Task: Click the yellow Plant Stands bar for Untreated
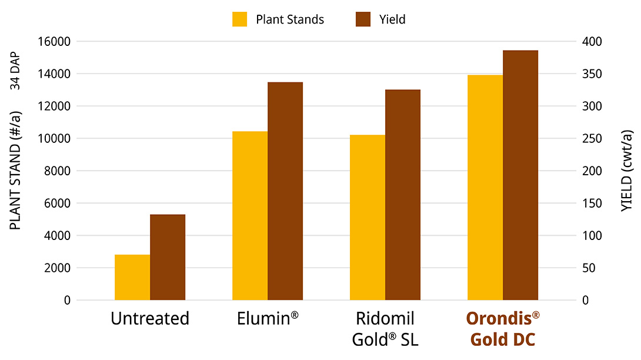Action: pyautogui.click(x=132, y=278)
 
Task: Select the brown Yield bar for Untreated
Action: pyautogui.click(x=168, y=258)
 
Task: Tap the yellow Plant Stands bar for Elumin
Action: pyautogui.click(x=250, y=216)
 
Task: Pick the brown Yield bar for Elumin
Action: pyautogui.click(x=285, y=191)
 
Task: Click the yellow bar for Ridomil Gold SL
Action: pyautogui.click(x=368, y=218)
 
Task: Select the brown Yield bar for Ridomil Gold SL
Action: pyautogui.click(x=403, y=195)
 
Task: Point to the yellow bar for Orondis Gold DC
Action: pyautogui.click(x=485, y=188)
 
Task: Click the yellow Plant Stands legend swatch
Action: pyautogui.click(x=240, y=19)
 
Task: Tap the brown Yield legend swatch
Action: pyautogui.click(x=363, y=19)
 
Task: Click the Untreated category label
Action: pyautogui.click(x=150, y=319)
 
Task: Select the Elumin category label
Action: pyautogui.click(x=268, y=319)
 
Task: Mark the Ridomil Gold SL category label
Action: pyautogui.click(x=385, y=329)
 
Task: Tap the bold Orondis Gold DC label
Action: pyautogui.click(x=503, y=329)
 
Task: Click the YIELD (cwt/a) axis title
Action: pyautogui.click(x=627, y=171)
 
